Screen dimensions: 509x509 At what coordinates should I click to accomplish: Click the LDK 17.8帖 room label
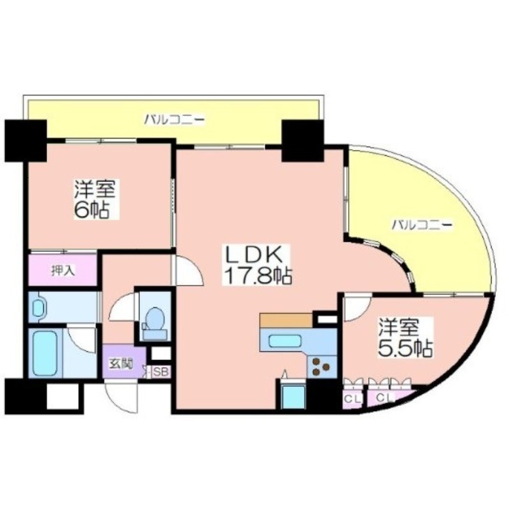pos(257,265)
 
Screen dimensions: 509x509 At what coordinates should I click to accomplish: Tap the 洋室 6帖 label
pos(95,199)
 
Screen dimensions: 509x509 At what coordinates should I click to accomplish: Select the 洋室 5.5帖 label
pos(405,338)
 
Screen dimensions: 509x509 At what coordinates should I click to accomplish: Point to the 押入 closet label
pos(63,270)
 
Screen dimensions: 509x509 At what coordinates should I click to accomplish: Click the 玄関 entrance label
pos(120,364)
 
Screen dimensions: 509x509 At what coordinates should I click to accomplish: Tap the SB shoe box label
pos(161,372)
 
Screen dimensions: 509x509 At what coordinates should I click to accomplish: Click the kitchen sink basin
pos(285,341)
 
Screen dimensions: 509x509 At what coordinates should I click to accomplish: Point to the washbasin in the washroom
pos(39,307)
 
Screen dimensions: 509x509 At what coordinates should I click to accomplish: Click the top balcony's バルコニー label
pos(174,120)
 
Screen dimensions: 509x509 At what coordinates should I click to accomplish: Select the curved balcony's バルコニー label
pos(422,225)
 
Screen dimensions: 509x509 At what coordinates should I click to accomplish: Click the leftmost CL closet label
pos(352,398)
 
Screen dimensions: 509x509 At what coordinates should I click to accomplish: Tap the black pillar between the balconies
pos(303,141)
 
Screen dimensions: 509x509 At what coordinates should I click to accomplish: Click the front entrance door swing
pos(122,397)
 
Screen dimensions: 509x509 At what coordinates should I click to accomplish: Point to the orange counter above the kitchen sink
pos(286,320)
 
